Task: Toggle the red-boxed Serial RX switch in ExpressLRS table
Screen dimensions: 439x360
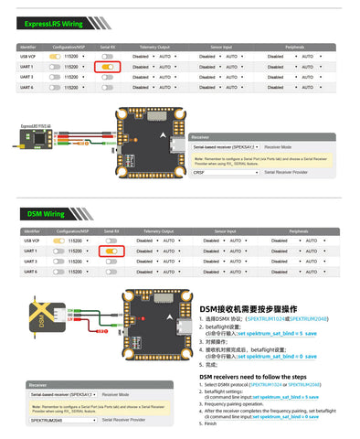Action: click(x=108, y=67)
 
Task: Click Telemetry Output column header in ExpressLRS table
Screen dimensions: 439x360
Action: click(x=154, y=45)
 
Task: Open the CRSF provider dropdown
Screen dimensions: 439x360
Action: click(x=223, y=171)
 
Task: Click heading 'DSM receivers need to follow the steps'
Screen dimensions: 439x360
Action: click(x=253, y=376)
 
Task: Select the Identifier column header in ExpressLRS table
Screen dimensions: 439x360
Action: click(x=28, y=45)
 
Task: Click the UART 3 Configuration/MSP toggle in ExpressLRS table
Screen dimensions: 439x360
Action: click(x=57, y=77)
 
